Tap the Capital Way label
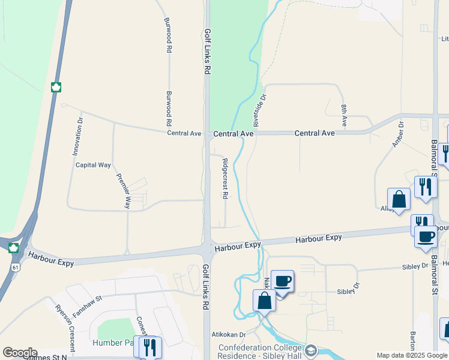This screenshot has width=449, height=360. [x=93, y=164]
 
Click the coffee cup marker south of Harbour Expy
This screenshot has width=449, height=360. [x=282, y=280]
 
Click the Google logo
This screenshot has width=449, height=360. [x=19, y=353]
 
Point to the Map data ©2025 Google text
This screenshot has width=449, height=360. [x=412, y=355]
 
